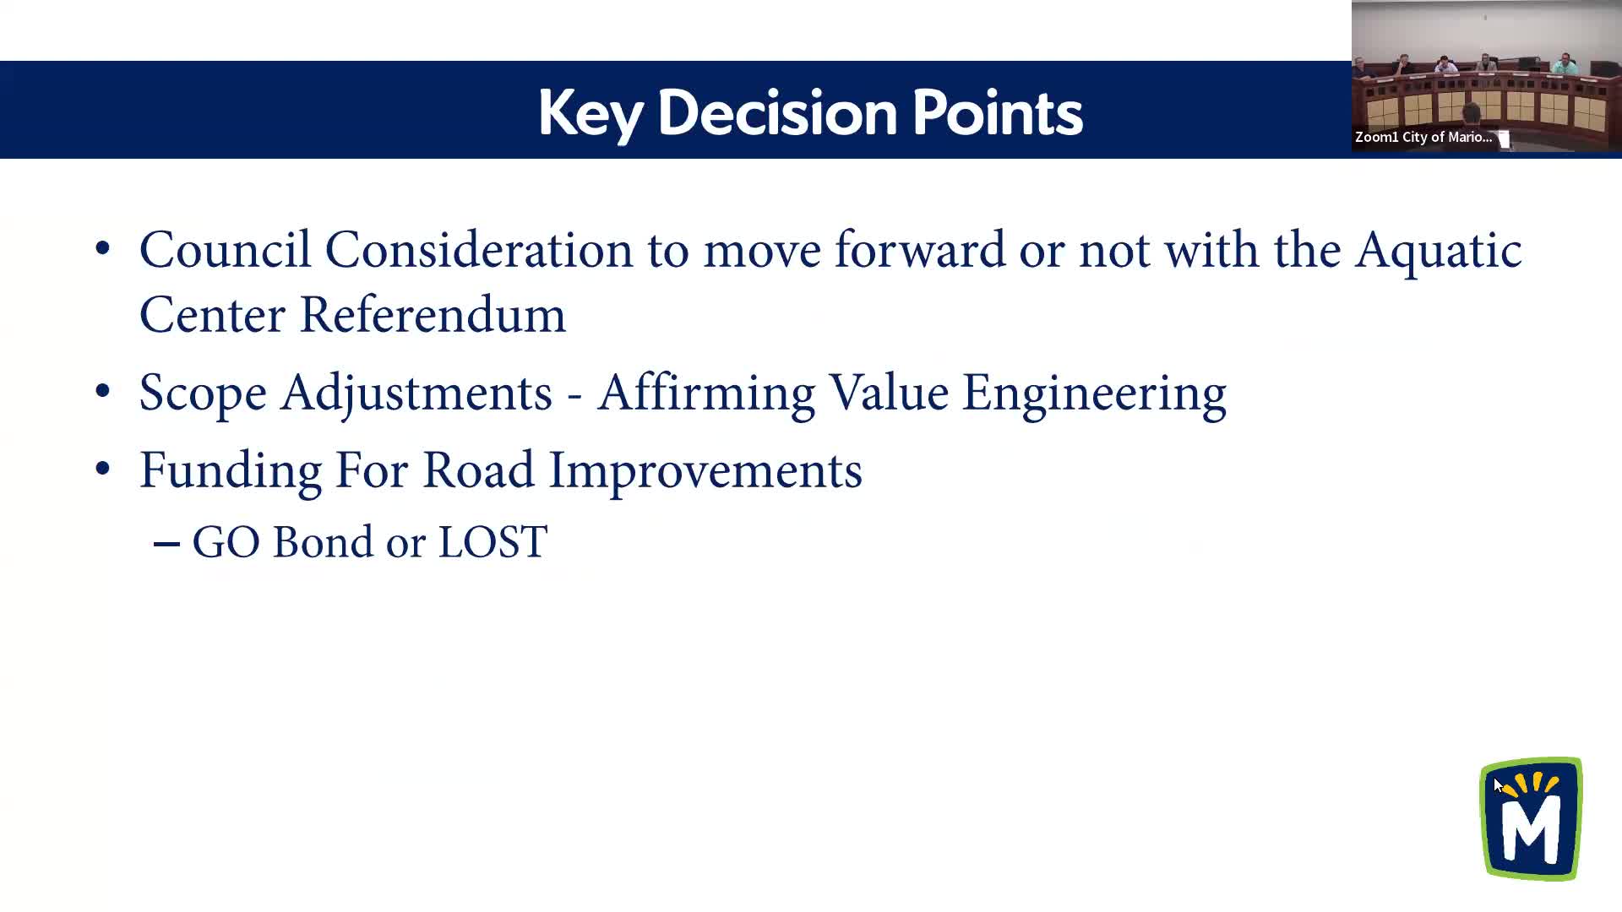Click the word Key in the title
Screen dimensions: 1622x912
591,114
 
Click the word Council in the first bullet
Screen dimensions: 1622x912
225,250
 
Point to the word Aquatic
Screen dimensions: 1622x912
1439,251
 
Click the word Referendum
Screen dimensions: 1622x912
433,315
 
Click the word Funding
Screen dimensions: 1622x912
231,471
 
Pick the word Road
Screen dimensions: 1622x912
478,470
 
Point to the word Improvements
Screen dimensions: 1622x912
705,471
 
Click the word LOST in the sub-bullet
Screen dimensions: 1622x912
493,542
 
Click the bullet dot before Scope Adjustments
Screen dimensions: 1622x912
102,392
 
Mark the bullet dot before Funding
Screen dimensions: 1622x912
102,469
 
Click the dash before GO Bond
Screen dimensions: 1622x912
166,545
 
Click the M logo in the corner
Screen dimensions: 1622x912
1531,818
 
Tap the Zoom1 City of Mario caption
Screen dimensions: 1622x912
1423,137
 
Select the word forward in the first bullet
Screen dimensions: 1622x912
920,250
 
